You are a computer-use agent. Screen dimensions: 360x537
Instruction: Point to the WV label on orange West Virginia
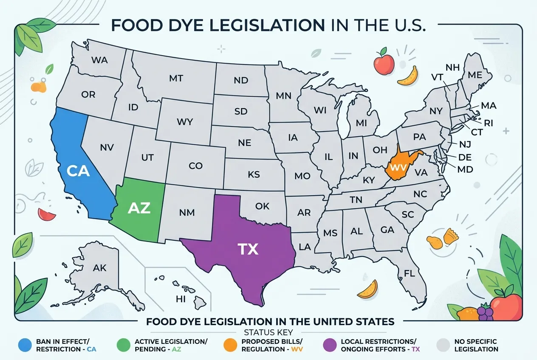398,167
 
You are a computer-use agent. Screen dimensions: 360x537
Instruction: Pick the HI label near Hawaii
181,299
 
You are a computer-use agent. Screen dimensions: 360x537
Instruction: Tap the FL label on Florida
409,274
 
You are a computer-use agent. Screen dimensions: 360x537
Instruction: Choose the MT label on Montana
176,78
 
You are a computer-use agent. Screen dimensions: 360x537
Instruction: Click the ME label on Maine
475,75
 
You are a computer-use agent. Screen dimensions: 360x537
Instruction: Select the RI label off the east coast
488,123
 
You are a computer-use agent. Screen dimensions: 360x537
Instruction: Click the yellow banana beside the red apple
408,76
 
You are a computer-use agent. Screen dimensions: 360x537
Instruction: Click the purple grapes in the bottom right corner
485,313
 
